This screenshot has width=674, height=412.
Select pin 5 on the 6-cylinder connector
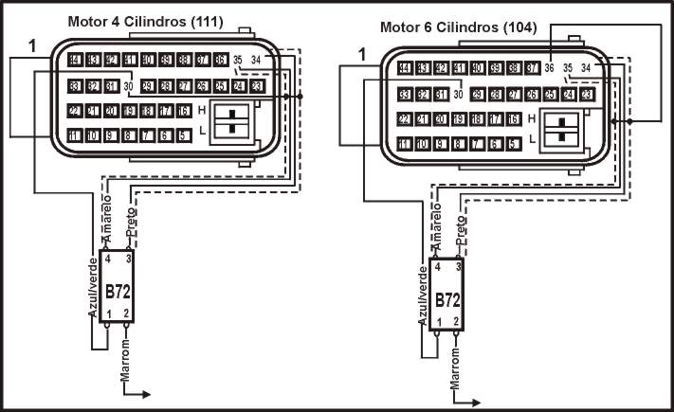point(513,144)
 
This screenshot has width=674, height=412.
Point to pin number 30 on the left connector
point(128,86)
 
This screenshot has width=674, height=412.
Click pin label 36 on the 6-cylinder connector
point(549,68)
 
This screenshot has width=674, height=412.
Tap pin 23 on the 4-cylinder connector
point(256,86)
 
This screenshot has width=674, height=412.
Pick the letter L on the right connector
point(532,139)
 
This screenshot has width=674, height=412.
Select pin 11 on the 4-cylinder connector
point(75,136)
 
